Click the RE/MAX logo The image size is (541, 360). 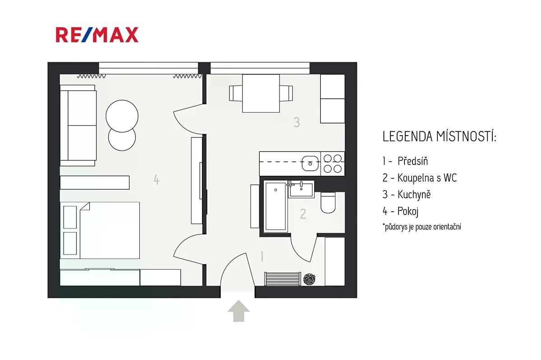(97, 35)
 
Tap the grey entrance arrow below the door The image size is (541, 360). (238, 311)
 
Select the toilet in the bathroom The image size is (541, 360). (328, 203)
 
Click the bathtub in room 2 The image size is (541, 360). (275, 206)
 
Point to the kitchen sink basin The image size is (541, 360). (310, 164)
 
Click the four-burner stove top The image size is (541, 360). (333, 164)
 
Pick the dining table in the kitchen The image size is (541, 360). (261, 93)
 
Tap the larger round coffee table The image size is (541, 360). (122, 116)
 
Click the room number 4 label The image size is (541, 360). (156, 180)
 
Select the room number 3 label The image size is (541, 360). (297, 122)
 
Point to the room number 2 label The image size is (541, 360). (303, 214)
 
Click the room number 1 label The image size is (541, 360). (262, 256)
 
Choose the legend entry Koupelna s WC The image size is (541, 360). (420, 178)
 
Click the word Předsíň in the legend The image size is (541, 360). (413, 161)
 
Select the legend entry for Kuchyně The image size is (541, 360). (407, 195)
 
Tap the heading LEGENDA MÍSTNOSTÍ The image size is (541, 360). (439, 137)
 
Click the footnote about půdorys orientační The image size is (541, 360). (422, 227)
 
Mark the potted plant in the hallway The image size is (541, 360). (309, 279)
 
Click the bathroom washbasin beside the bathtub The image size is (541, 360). (302, 189)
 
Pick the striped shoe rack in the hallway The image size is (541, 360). (283, 279)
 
